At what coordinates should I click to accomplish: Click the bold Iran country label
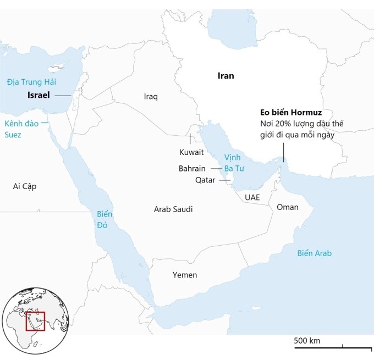pyautogui.click(x=226, y=76)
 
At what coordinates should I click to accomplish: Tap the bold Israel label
pyautogui.click(x=38, y=95)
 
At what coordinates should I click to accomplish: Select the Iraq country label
pyautogui.click(x=151, y=97)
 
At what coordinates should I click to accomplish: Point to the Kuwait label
pyautogui.click(x=191, y=152)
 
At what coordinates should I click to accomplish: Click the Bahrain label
pyautogui.click(x=192, y=168)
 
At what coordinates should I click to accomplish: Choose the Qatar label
pyautogui.click(x=205, y=180)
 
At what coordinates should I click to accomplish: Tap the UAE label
pyautogui.click(x=252, y=197)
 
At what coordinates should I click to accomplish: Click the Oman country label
pyautogui.click(x=287, y=207)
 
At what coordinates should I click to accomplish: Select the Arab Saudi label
pyautogui.click(x=173, y=209)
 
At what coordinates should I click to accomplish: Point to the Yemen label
pyautogui.click(x=184, y=275)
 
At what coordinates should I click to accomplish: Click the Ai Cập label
pyautogui.click(x=25, y=186)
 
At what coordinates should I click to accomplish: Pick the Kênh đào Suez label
pyautogui.click(x=21, y=129)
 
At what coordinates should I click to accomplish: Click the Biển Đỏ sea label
pyautogui.click(x=104, y=219)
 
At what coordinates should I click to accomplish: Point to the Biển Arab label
pyautogui.click(x=315, y=253)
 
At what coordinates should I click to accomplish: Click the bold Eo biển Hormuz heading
pyautogui.click(x=291, y=113)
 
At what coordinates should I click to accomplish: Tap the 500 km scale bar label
pyautogui.click(x=307, y=341)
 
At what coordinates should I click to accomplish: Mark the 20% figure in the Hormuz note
pyautogui.click(x=284, y=124)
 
